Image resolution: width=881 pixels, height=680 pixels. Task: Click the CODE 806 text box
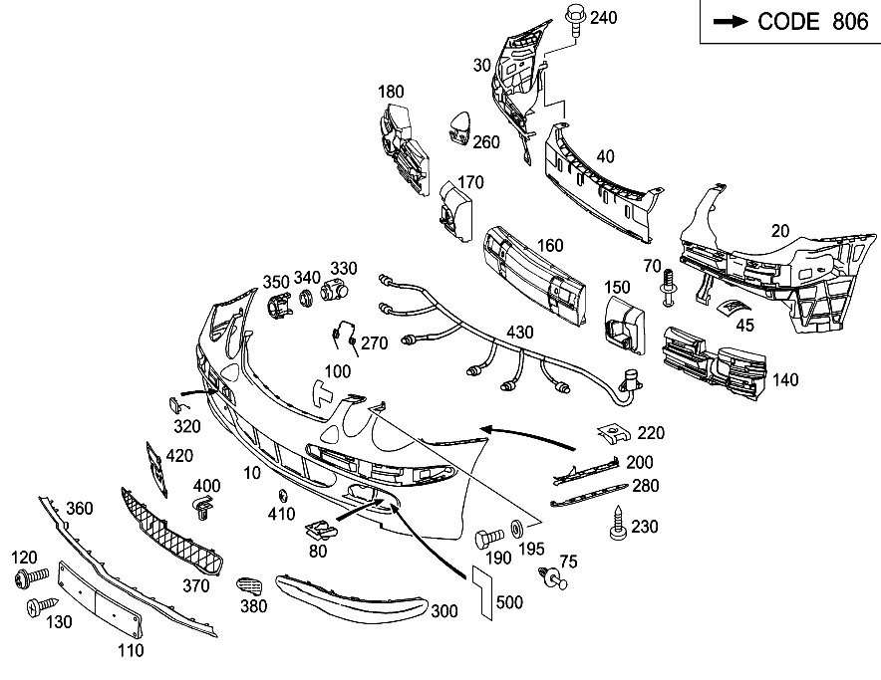tap(789, 22)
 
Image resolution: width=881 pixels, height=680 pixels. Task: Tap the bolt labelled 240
tap(575, 19)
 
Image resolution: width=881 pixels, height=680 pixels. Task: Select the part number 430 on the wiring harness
tap(520, 332)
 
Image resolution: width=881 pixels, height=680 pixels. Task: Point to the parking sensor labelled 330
tap(335, 293)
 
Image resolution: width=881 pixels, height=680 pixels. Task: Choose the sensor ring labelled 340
tap(306, 296)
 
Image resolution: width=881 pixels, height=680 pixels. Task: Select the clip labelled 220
tap(616, 434)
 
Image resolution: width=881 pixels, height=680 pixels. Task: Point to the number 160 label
tap(549, 246)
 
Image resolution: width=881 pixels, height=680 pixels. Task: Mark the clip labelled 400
tap(203, 510)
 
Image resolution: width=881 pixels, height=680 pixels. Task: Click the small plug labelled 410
tap(282, 496)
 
